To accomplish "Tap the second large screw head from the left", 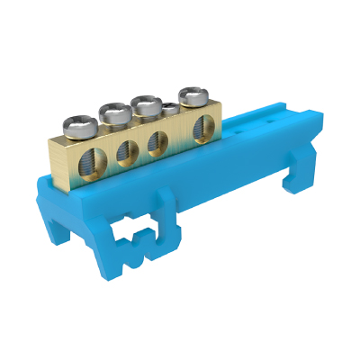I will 115,112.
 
